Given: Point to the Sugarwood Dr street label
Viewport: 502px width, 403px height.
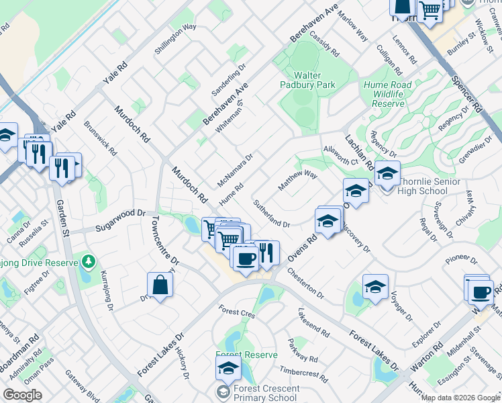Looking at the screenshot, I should [x=120, y=213].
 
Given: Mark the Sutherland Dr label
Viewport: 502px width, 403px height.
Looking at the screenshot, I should [x=271, y=213].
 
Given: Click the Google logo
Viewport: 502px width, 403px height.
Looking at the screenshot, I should [x=22, y=395].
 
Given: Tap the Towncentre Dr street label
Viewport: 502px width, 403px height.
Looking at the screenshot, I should [x=165, y=239].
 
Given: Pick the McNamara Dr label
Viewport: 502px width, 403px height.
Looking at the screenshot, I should [x=235, y=171].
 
